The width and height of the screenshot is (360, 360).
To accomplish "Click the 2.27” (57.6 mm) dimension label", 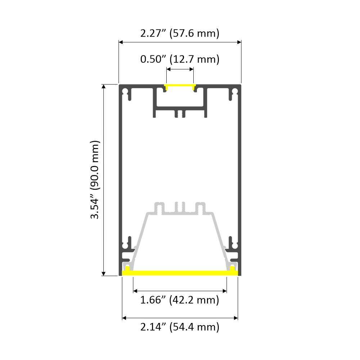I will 180,34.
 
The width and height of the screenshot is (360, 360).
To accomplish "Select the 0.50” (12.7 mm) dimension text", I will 180,59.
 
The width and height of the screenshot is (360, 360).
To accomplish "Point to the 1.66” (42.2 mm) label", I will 180,300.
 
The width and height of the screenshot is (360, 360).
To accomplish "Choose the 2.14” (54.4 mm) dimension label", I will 180,327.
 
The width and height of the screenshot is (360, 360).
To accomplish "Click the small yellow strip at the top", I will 180,86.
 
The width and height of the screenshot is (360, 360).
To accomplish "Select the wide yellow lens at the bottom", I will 180,273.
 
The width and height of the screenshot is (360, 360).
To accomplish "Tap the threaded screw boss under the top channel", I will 180,113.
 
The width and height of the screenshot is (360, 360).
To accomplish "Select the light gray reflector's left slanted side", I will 140,238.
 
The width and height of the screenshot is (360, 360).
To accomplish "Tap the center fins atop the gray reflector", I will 180,208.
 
